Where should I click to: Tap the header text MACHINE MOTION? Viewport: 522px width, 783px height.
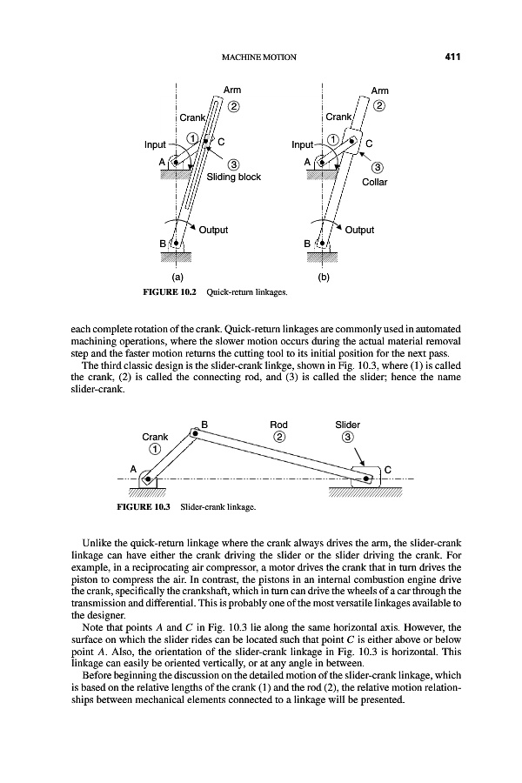click(260, 57)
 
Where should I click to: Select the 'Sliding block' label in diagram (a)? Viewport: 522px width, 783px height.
click(232, 177)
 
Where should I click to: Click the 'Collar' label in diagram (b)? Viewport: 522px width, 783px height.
click(376, 183)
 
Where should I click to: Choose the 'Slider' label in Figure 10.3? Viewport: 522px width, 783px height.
click(348, 425)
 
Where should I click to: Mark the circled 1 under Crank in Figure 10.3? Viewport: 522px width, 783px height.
click(155, 450)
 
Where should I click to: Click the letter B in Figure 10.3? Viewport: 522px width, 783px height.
click(204, 425)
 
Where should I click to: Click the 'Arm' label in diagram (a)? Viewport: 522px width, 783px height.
click(232, 90)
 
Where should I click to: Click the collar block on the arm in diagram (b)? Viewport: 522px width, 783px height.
click(351, 140)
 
